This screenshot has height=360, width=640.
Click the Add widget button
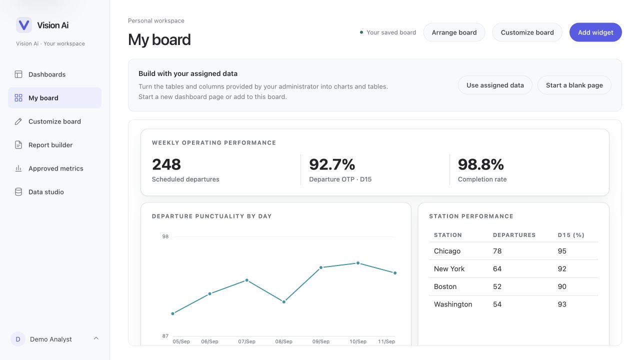(595, 32)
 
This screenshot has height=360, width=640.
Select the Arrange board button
(454, 32)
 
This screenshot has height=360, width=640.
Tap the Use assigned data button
(495, 85)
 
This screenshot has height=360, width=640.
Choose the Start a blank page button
(574, 85)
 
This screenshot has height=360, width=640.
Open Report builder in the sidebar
(50, 145)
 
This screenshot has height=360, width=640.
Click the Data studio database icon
(18, 191)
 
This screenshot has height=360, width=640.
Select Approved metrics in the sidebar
(55, 168)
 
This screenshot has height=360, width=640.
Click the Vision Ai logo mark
(23, 25)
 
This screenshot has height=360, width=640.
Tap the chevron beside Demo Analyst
(96, 338)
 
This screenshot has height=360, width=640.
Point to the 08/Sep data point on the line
(283, 301)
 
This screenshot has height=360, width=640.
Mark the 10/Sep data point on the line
(357, 263)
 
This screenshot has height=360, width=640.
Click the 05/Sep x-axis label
(181, 341)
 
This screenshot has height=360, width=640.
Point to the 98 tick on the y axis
(165, 236)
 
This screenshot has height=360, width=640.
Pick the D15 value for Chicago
(561, 251)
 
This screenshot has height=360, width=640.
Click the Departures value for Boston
(497, 286)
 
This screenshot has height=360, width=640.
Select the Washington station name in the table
(453, 304)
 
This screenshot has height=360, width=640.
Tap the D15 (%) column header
(571, 235)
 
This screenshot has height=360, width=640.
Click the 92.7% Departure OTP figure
(332, 164)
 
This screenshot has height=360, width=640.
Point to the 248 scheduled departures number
(166, 164)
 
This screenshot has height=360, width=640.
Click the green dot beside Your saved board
(361, 32)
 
